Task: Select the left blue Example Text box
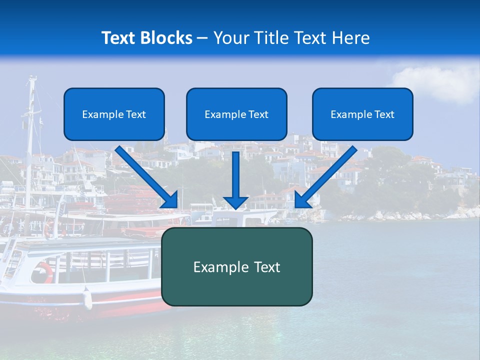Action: [x=114, y=114]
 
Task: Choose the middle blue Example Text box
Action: [x=236, y=114]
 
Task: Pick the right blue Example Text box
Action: [x=362, y=114]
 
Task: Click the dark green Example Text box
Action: [x=236, y=267]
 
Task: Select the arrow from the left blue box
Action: [x=147, y=177]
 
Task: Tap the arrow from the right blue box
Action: [x=325, y=177]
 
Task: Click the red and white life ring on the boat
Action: [x=43, y=272]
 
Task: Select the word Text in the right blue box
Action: [x=384, y=114]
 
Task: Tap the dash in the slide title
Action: [x=202, y=38]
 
